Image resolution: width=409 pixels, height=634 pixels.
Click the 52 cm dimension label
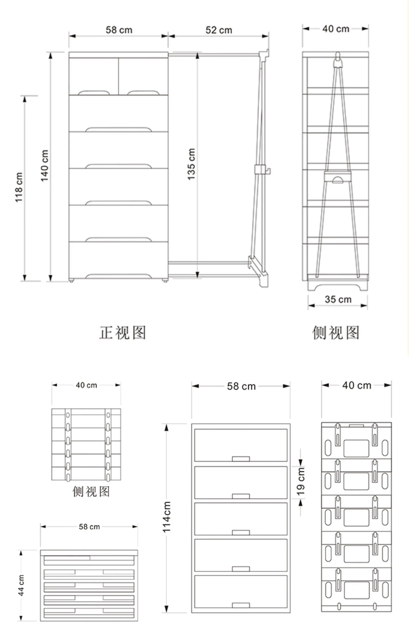219,30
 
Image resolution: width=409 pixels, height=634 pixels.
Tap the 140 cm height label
44,165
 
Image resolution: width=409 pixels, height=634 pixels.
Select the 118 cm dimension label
19,187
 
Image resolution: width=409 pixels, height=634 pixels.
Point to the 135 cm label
191,164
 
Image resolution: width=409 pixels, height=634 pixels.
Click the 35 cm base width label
338,299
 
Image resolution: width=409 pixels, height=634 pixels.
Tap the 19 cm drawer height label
300,481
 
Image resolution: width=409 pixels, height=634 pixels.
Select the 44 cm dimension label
21,585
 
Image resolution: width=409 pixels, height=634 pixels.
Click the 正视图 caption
123,333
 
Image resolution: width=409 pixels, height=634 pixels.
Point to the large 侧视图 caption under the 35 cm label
336,333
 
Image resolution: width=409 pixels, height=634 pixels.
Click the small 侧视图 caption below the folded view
91,491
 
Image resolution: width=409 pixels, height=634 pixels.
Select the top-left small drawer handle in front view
94,93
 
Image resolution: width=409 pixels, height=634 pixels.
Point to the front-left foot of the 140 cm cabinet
71,280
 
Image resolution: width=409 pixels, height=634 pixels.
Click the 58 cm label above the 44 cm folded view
89,527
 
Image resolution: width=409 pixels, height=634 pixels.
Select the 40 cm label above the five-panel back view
357,385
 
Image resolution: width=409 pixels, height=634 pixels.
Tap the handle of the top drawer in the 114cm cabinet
241,459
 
